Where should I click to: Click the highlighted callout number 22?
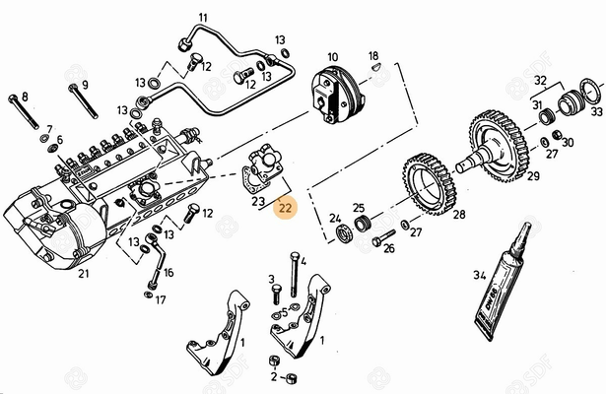(285, 208)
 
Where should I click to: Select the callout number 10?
(332, 57)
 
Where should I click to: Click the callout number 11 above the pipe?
(202, 18)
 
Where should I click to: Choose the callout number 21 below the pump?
(83, 274)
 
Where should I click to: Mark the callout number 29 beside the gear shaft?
(533, 176)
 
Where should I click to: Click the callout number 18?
(373, 55)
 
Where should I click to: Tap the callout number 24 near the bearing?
(334, 219)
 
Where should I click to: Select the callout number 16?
(168, 272)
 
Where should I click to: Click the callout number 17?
(161, 298)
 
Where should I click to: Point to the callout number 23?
(258, 201)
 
